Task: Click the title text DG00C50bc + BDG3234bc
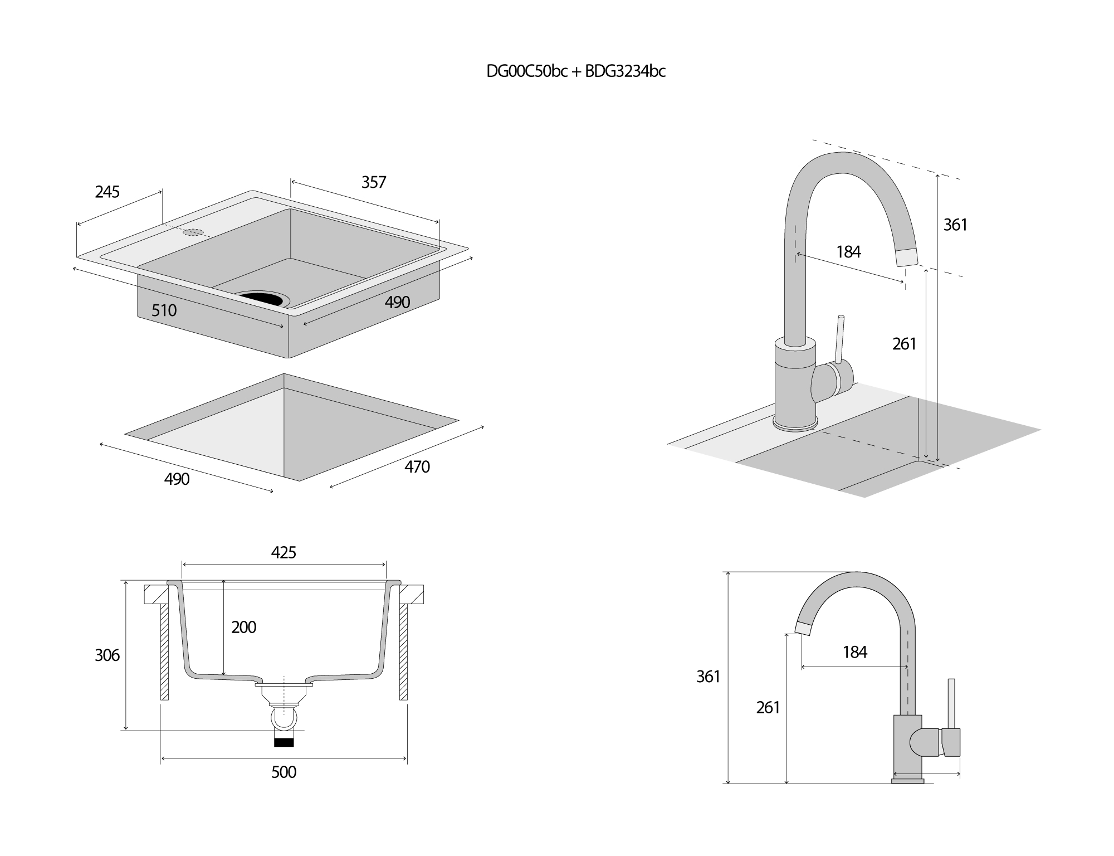(576, 71)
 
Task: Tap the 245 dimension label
(107, 192)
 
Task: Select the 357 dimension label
(373, 182)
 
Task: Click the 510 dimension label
(164, 310)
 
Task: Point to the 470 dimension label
(417, 466)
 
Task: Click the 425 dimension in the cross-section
(284, 552)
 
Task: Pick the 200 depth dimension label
(243, 628)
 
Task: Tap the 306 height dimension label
(107, 655)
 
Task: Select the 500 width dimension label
(284, 772)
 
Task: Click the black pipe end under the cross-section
(284, 742)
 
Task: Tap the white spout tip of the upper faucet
(906, 257)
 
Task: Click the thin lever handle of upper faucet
(839, 340)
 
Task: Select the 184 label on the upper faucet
(848, 252)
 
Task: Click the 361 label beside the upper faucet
(955, 225)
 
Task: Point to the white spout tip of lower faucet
(803, 628)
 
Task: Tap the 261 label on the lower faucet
(768, 707)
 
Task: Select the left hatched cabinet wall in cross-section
(164, 652)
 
